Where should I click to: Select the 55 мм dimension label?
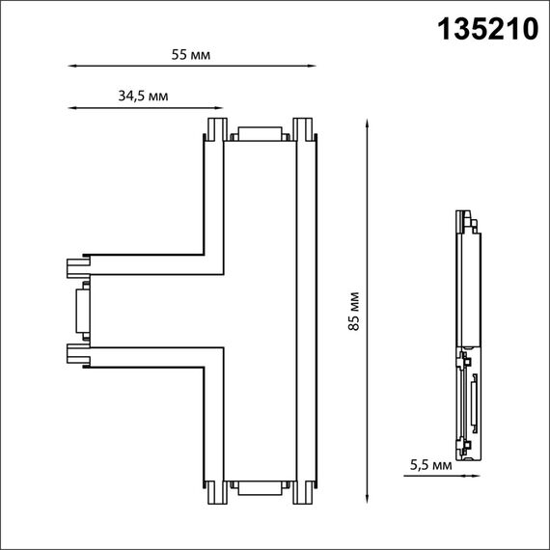tap(190, 54)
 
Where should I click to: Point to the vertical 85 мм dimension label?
tap(354, 311)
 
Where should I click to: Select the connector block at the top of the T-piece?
tap(258, 135)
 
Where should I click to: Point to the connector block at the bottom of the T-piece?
tap(258, 487)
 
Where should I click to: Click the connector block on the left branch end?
tap(81, 310)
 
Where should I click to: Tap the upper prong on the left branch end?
tap(74, 265)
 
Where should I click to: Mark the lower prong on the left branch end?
tap(74, 354)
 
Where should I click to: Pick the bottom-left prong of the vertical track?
tap(214, 493)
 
